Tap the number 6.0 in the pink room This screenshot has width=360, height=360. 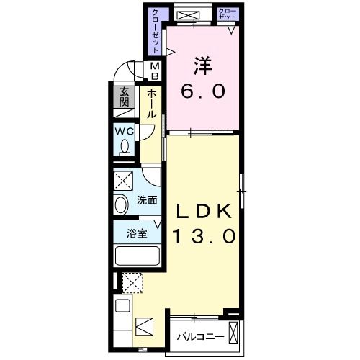pyautogui.click(x=203, y=93)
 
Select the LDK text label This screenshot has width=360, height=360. pyautogui.click(x=204, y=212)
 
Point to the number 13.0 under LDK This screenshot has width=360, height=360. pyautogui.click(x=204, y=237)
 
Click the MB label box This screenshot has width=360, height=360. pyautogui.click(x=154, y=70)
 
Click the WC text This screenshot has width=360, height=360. pyautogui.click(x=123, y=131)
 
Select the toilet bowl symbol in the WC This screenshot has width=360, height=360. pyautogui.click(x=125, y=147)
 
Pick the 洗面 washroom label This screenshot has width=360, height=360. pyautogui.click(x=147, y=201)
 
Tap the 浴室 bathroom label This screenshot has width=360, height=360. pyautogui.click(x=137, y=233)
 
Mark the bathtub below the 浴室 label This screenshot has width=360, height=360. pyautogui.click(x=137, y=255)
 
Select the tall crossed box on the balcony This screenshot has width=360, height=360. pyautogui.click(x=233, y=333)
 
